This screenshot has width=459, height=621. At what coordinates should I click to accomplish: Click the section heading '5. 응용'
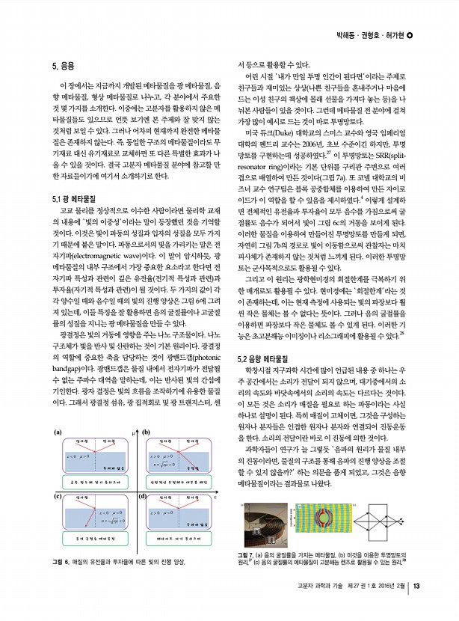coord(64,66)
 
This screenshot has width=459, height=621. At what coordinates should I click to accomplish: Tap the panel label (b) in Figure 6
coord(147,432)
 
